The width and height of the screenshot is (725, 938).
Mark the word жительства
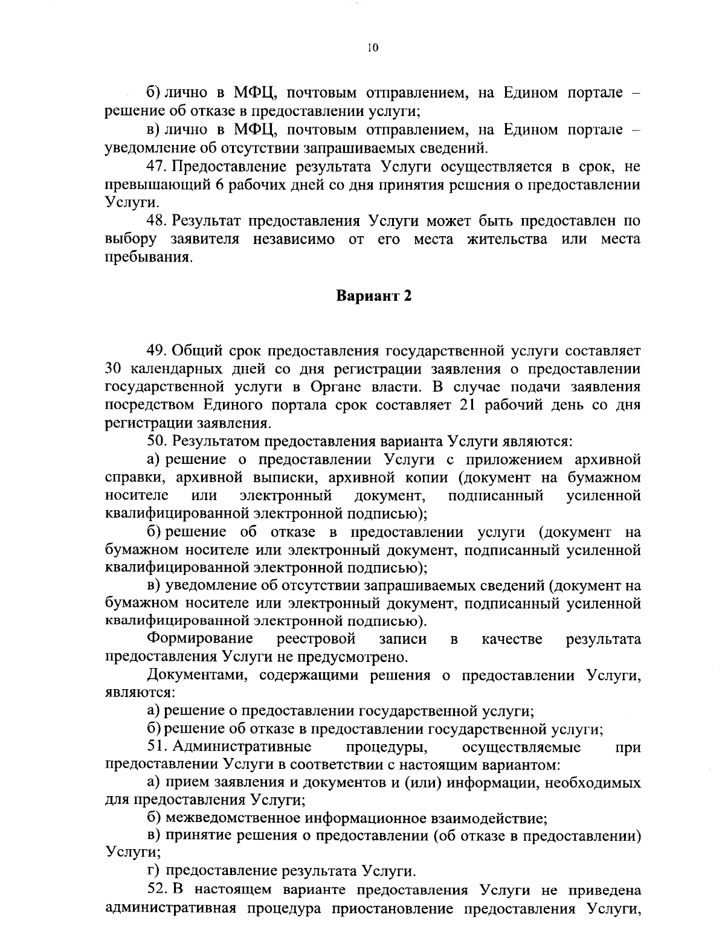point(507,239)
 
